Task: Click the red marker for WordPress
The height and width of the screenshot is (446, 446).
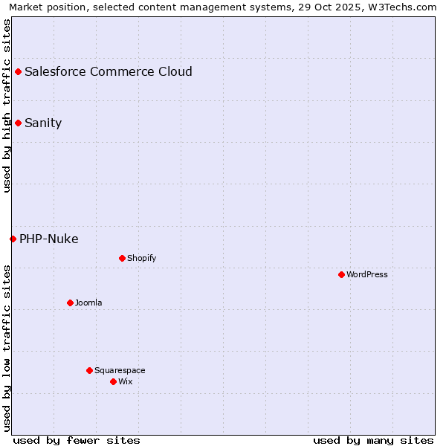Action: click(x=341, y=274)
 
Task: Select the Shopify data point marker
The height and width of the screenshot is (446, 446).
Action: click(x=122, y=258)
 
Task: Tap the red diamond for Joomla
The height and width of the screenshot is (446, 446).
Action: click(x=70, y=303)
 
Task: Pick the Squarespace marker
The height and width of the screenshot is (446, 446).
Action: click(x=89, y=370)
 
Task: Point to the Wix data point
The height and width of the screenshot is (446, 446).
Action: click(x=113, y=381)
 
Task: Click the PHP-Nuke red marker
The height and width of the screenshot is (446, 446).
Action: click(x=13, y=239)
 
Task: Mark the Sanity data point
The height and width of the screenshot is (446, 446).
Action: click(x=18, y=123)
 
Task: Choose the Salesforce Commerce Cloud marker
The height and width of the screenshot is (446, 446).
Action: click(x=18, y=71)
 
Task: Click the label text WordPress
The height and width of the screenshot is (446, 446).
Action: click(x=367, y=274)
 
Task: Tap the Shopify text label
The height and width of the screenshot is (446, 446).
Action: click(x=141, y=258)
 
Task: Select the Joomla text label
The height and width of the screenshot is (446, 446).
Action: click(x=88, y=303)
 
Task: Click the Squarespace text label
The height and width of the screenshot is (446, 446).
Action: click(x=120, y=370)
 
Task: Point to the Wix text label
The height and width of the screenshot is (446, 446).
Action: click(x=125, y=381)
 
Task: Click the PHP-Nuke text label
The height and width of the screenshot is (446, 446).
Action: click(x=49, y=239)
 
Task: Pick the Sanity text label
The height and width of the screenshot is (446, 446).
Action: click(x=43, y=123)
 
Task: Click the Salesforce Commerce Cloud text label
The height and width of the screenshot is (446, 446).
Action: click(x=109, y=71)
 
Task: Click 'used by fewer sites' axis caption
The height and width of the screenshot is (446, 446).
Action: click(x=77, y=440)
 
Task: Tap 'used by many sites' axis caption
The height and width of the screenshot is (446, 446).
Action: click(x=373, y=440)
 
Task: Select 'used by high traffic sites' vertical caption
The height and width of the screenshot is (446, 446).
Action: click(x=7, y=106)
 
